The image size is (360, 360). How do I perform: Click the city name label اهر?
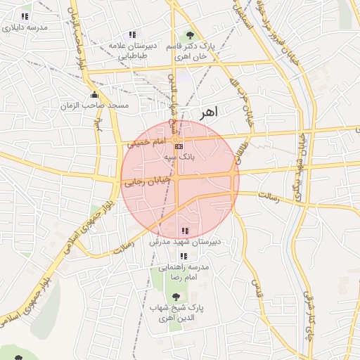[x=209, y=112]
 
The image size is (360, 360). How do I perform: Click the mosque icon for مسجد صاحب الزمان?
[x=94, y=95]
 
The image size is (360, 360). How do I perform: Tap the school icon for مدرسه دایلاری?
[x=25, y=16]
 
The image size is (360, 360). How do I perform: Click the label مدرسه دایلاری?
[x=25, y=27]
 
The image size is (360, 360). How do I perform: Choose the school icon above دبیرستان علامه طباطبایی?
[x=131, y=35]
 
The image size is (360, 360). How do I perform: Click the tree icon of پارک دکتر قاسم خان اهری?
[x=190, y=35]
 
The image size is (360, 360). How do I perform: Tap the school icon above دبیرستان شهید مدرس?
[x=185, y=231]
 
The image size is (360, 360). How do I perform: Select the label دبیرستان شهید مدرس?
[x=186, y=241]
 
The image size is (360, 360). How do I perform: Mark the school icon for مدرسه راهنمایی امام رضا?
[x=184, y=256]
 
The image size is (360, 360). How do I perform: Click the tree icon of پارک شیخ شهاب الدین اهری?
[x=176, y=297]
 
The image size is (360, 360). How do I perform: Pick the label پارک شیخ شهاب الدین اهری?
[x=176, y=314]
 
